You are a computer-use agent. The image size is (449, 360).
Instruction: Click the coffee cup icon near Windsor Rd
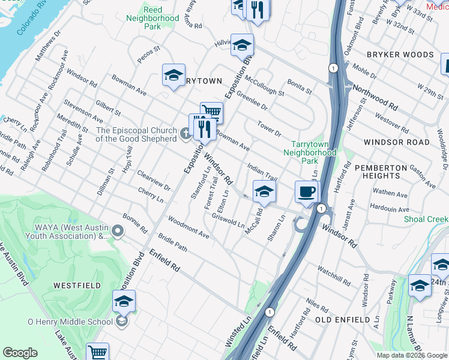[x=307, y=192]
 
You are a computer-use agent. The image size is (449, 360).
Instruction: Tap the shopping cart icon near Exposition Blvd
[x=211, y=112]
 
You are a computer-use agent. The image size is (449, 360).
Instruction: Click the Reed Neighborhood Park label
[x=153, y=18]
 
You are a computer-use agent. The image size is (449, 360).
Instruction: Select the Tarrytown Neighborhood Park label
[x=313, y=153]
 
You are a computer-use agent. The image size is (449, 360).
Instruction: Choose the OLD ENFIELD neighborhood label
[x=342, y=320]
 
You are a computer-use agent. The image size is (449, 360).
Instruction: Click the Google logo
[x=20, y=353]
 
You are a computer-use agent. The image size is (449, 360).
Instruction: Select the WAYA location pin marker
[x=118, y=230]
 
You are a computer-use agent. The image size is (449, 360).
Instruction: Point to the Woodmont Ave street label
[x=188, y=227]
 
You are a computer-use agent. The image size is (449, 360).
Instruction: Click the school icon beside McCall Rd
[x=264, y=191]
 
